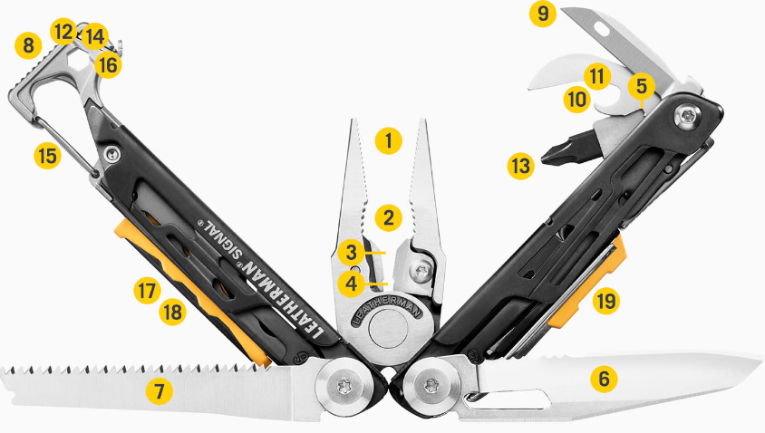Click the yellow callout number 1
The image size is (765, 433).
(x=388, y=141)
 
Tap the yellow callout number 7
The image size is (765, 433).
(x=159, y=391)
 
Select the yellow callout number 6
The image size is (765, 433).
(x=604, y=379)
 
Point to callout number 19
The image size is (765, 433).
(x=606, y=301)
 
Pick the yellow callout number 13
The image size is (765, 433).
(x=520, y=166)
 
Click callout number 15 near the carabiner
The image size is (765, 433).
(x=47, y=156)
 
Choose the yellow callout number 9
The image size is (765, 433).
(x=543, y=14)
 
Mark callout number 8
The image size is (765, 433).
(x=28, y=46)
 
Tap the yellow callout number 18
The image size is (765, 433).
(x=173, y=312)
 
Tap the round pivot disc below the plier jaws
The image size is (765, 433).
(x=388, y=330)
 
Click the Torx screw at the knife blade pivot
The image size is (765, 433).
(x=431, y=385)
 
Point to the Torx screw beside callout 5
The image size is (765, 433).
(x=688, y=117)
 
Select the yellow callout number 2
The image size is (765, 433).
(x=388, y=217)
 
